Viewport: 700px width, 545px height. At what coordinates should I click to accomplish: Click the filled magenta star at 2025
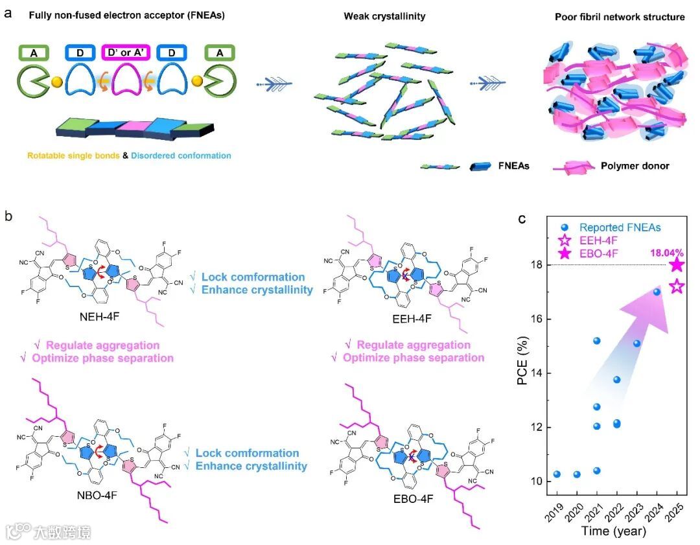point(677,264)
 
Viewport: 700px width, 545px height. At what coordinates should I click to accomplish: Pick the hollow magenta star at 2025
point(677,286)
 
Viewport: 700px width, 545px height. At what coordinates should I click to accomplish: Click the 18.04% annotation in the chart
point(660,248)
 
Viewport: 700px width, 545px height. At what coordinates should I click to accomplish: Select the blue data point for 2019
point(557,474)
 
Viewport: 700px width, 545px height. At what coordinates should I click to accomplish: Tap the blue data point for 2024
point(657,292)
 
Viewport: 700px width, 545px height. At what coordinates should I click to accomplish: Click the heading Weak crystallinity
point(384,16)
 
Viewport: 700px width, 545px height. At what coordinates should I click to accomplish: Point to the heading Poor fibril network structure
point(620,17)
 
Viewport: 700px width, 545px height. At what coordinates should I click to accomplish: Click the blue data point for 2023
point(636,343)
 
